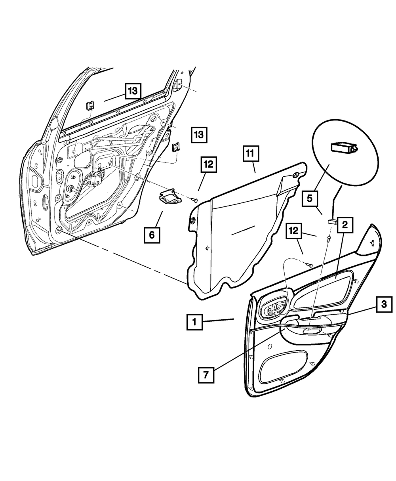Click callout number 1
[194, 323]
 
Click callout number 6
[152, 235]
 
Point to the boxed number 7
[206, 374]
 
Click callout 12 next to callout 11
[209, 165]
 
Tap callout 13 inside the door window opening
[133, 92]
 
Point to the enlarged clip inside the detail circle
[342, 147]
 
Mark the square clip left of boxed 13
[176, 147]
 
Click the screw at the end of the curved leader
[310, 264]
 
